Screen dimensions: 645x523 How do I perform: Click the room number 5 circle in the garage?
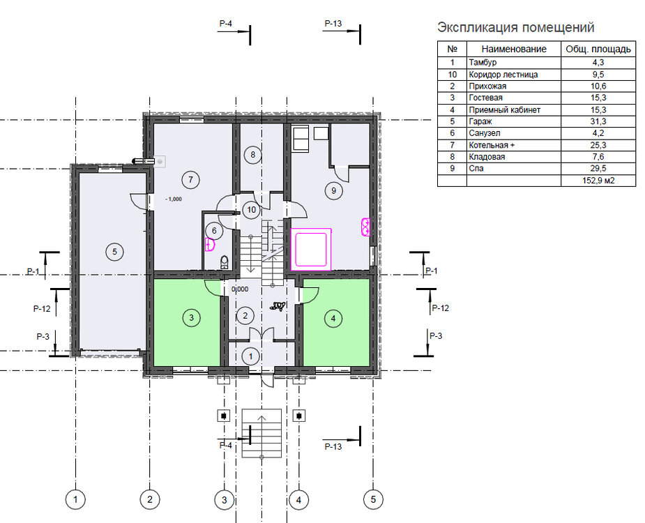(115, 252)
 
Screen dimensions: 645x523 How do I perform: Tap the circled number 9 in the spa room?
(333, 190)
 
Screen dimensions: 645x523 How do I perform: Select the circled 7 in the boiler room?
(190, 179)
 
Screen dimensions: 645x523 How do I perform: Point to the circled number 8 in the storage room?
(252, 155)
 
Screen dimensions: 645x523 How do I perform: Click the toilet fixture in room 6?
(225, 262)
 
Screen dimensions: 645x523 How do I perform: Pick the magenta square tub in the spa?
(311, 249)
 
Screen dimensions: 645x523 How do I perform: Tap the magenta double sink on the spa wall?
(365, 227)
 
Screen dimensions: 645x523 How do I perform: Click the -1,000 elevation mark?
(173, 199)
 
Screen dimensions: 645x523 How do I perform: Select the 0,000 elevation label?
(240, 289)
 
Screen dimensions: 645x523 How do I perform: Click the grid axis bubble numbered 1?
(75, 500)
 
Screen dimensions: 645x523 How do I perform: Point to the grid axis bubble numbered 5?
(373, 499)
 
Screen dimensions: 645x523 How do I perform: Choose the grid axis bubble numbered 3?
(225, 500)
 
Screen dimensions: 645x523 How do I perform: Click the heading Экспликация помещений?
(516, 27)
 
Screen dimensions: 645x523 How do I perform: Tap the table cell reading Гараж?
(480, 121)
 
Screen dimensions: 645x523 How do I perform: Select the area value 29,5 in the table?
(598, 168)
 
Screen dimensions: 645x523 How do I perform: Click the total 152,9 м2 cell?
(598, 180)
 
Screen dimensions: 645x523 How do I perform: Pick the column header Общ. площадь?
(598, 49)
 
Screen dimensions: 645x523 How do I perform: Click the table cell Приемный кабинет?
(504, 110)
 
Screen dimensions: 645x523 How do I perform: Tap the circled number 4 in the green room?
(333, 318)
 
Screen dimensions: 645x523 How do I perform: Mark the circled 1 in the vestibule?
(250, 356)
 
